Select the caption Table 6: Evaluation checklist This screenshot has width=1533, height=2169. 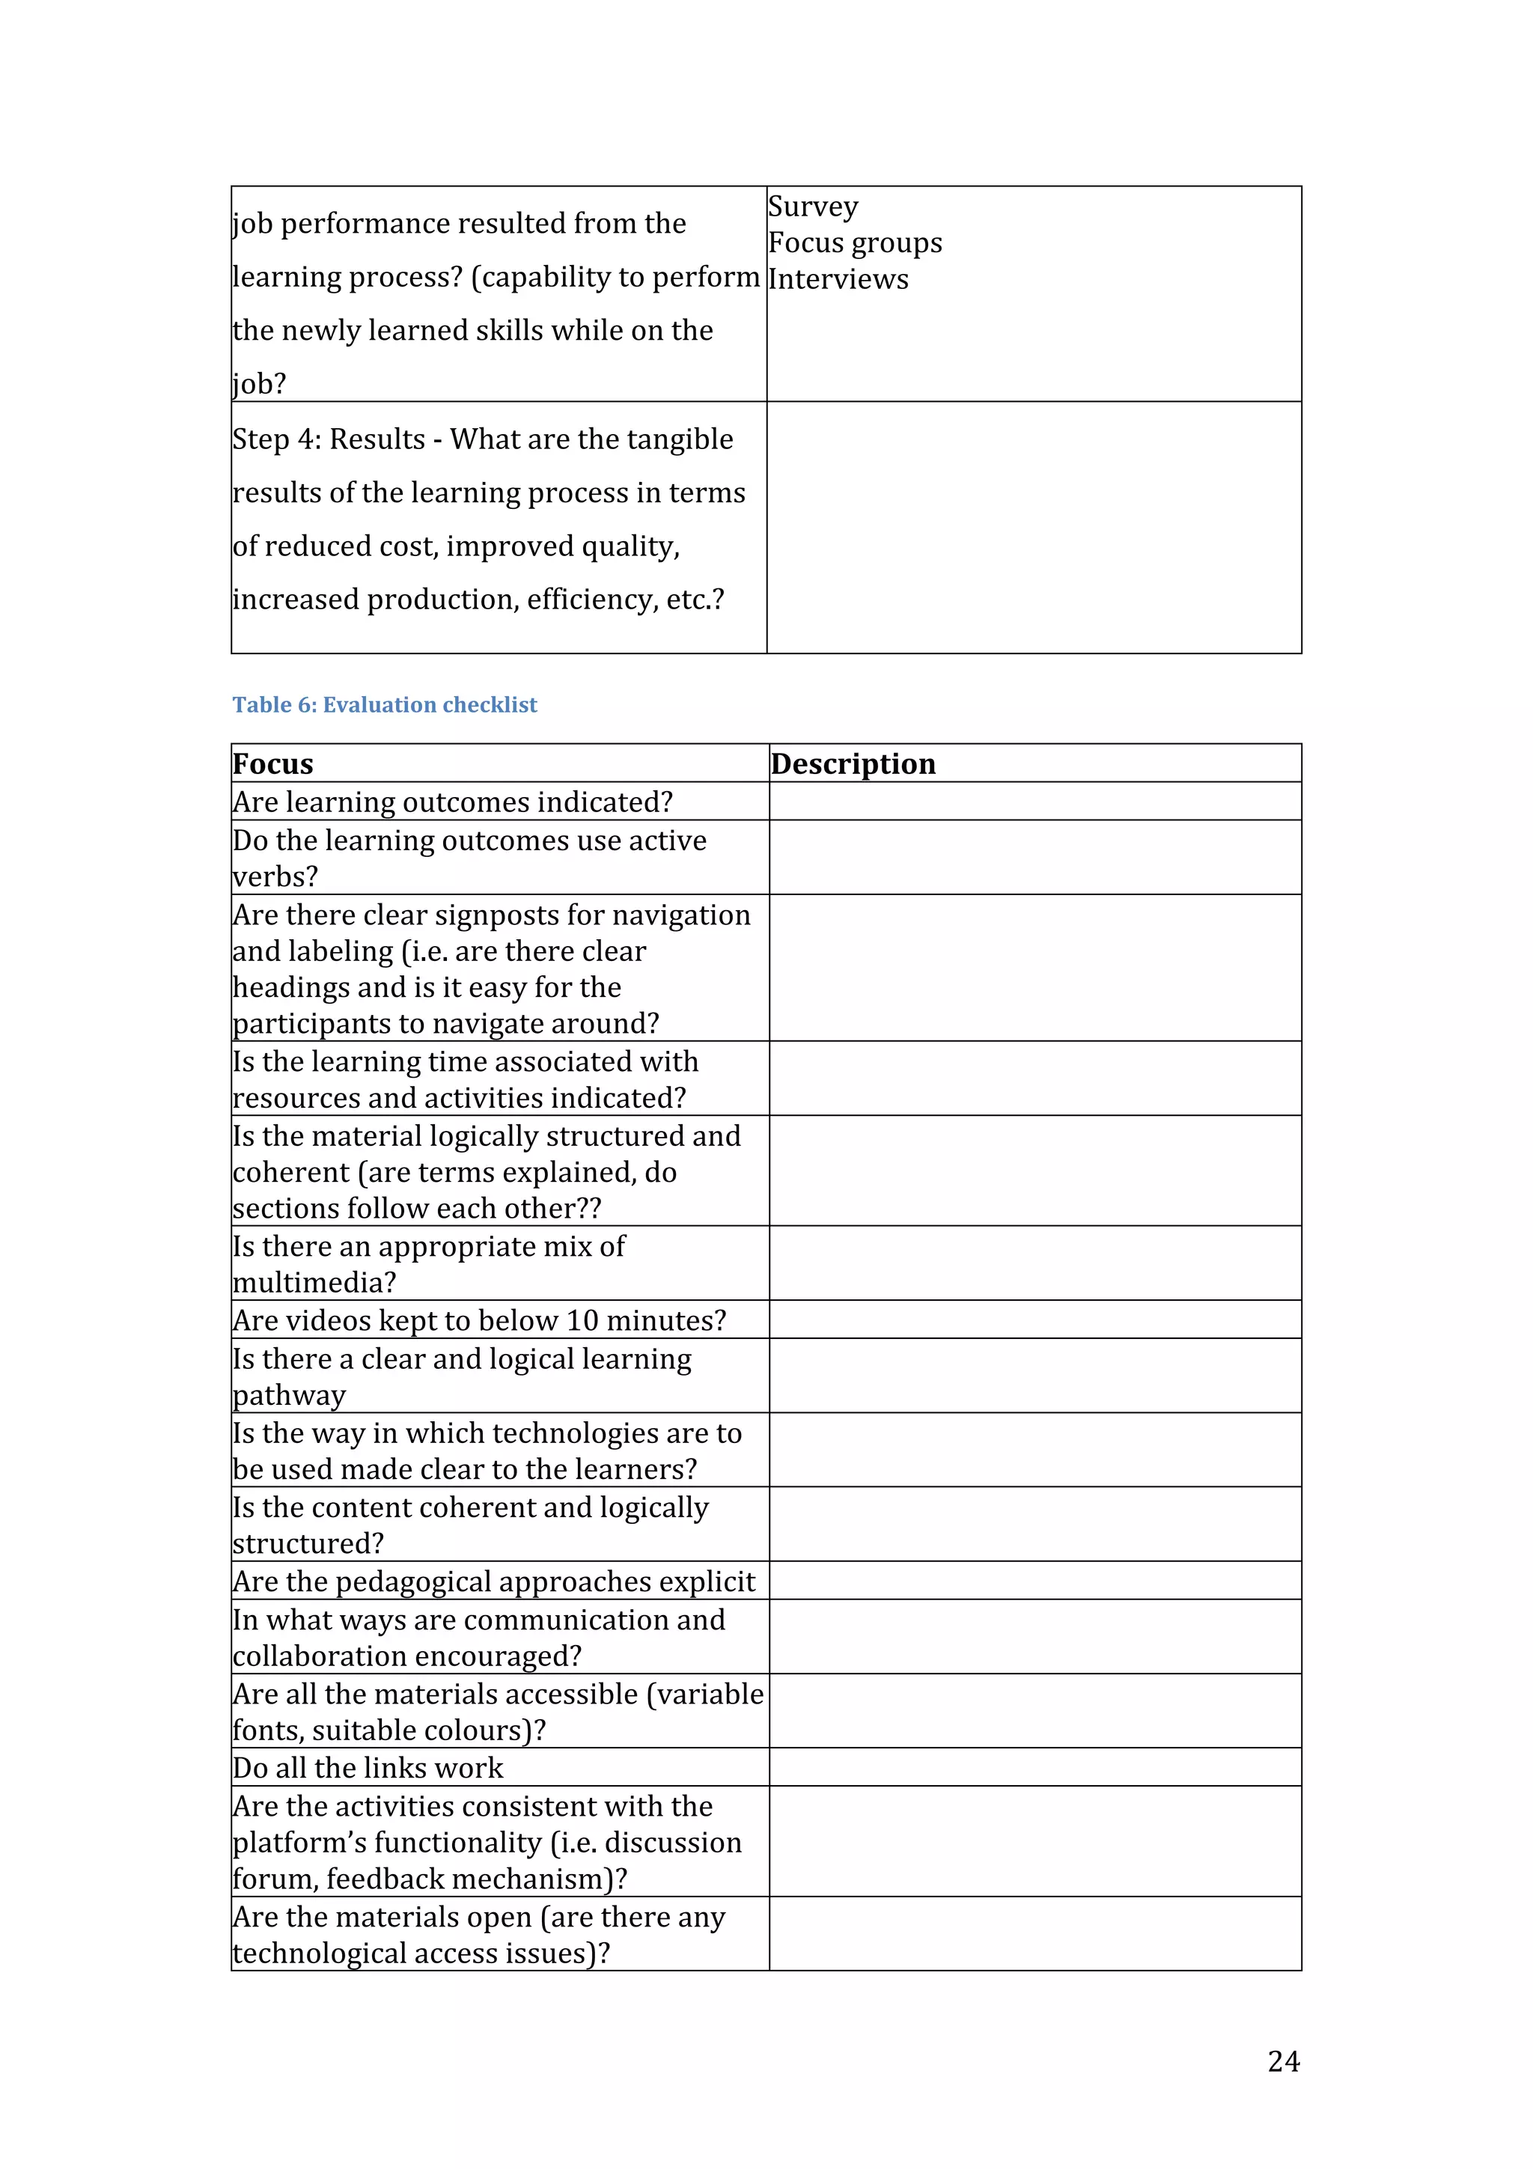coord(385,705)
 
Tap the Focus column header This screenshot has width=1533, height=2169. coord(273,763)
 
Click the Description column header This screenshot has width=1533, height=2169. coord(853,763)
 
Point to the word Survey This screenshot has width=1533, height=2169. coord(813,207)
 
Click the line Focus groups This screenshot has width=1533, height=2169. coord(855,242)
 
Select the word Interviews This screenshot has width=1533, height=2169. coord(838,280)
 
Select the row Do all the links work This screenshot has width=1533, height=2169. coord(368,1768)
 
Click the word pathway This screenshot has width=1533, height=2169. coord(289,1395)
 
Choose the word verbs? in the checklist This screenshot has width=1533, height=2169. coord(275,876)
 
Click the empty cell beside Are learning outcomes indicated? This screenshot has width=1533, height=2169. coord(1034,801)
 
